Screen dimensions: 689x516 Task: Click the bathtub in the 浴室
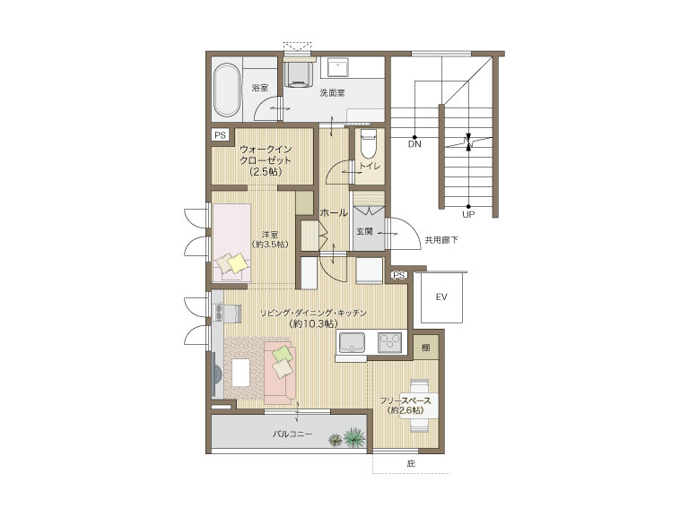tap(227, 90)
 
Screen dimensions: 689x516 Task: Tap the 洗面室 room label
tap(332, 92)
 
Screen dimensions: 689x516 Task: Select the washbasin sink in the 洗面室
tap(337, 67)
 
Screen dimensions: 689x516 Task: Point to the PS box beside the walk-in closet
tap(220, 135)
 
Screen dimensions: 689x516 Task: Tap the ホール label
tap(334, 213)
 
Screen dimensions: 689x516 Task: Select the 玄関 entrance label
tap(364, 231)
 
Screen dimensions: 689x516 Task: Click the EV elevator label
tap(441, 297)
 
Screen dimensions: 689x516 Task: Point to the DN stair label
tap(414, 144)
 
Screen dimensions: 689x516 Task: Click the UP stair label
tap(468, 215)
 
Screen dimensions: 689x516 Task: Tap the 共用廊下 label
tap(441, 240)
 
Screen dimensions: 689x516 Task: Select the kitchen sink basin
tap(352, 343)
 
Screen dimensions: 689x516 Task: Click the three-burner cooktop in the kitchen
tap(390, 343)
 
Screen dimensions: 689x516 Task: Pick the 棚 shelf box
tap(426, 348)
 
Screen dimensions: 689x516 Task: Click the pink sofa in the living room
tap(280, 374)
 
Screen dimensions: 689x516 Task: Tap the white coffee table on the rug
tap(240, 373)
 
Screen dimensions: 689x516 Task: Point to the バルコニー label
tap(292, 434)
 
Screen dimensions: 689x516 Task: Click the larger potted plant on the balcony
tap(354, 437)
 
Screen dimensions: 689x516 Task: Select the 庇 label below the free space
tap(411, 463)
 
